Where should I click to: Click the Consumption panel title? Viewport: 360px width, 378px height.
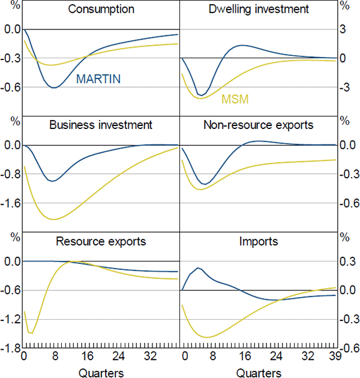coord(101,10)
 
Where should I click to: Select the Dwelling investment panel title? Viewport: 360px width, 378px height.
coord(259,10)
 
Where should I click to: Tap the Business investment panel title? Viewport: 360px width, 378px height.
coord(101,125)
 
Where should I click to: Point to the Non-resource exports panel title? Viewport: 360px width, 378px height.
coord(259,125)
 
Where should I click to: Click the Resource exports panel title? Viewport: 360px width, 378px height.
coord(101,242)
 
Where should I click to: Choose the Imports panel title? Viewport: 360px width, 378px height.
coord(259,242)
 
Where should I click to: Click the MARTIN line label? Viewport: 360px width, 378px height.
coord(98,79)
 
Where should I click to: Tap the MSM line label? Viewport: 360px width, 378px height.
coord(235,99)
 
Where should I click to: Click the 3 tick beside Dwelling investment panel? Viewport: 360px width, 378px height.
coord(344,29)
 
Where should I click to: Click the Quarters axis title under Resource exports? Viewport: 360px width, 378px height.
coord(101,373)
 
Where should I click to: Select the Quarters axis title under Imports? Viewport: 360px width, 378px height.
coord(259,373)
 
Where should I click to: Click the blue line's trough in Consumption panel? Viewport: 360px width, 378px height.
coord(54,88)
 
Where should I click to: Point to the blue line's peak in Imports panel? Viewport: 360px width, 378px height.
coord(198,268)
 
